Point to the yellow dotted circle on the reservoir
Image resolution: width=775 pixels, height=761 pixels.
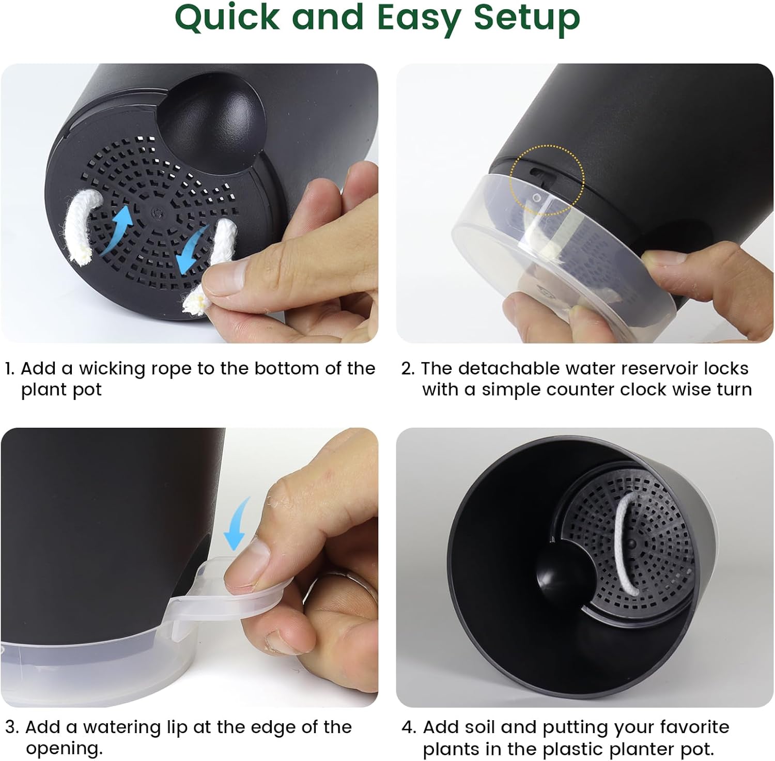tap(547, 179)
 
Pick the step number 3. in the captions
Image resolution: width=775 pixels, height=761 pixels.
tap(12, 727)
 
